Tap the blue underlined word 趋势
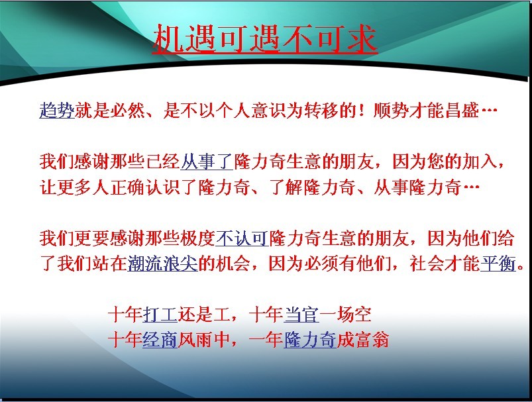pyautogui.click(x=57, y=110)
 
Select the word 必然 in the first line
pyautogui.click(x=127, y=110)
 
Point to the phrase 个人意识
pyautogui.click(x=250, y=110)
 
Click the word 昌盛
pyautogui.click(x=461, y=110)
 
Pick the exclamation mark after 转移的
pyautogui.click(x=362, y=111)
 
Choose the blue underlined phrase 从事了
pyautogui.click(x=206, y=162)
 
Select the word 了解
pyautogui.click(x=286, y=187)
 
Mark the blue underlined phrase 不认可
pyautogui.click(x=242, y=238)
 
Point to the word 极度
pyautogui.click(x=197, y=238)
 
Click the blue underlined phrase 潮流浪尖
pyautogui.click(x=162, y=264)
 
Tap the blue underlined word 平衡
pyautogui.click(x=498, y=264)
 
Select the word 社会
pyautogui.click(x=427, y=264)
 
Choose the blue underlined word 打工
pyautogui.click(x=160, y=315)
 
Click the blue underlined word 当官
pyautogui.click(x=301, y=315)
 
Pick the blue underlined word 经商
pyautogui.click(x=160, y=340)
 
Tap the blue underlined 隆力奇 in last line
pyautogui.click(x=310, y=340)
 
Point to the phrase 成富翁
pyautogui.click(x=362, y=340)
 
